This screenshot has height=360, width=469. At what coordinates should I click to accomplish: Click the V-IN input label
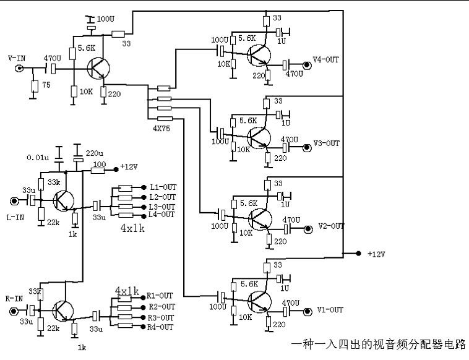coord(16,58)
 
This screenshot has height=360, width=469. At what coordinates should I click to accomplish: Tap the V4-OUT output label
coord(327,60)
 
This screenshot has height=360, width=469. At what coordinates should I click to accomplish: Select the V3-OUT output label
coord(327,144)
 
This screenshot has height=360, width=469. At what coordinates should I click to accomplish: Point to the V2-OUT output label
coord(331,226)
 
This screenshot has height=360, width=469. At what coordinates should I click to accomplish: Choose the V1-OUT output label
coord(329,309)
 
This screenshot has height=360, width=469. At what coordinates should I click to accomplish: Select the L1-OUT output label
coord(163,187)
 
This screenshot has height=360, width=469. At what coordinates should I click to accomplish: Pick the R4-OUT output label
coord(161,327)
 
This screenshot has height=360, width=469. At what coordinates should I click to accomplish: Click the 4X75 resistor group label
coord(163,129)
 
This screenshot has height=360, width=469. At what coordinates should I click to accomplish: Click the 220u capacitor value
coord(95,153)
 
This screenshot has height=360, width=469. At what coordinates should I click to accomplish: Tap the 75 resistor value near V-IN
coord(45,86)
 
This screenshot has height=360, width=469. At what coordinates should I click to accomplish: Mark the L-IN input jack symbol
coord(14,201)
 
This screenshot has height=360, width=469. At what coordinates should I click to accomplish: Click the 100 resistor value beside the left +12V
coord(98,164)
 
